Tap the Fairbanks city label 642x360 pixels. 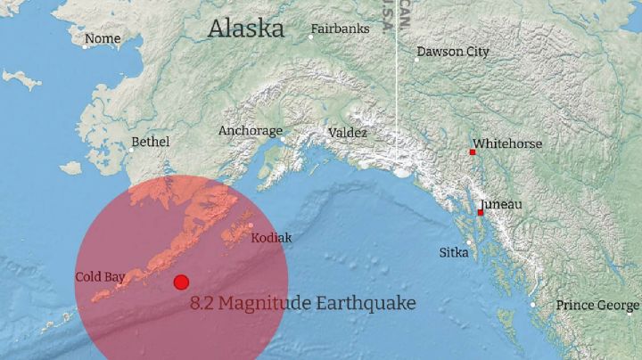point(340,29)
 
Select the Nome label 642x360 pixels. point(102,38)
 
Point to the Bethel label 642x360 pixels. point(150,142)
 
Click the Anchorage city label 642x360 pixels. point(250,131)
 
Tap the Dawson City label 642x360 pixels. point(453,52)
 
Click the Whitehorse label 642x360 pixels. point(507,143)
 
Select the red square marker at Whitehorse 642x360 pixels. point(473,152)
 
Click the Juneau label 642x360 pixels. point(501,205)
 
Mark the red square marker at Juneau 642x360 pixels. point(481,212)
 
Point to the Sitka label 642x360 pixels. point(454,253)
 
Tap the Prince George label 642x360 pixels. point(597,306)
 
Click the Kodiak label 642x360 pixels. point(271,238)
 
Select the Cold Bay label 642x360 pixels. point(100,277)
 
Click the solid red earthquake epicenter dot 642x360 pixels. point(181,282)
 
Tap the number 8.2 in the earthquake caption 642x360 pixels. point(202,304)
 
